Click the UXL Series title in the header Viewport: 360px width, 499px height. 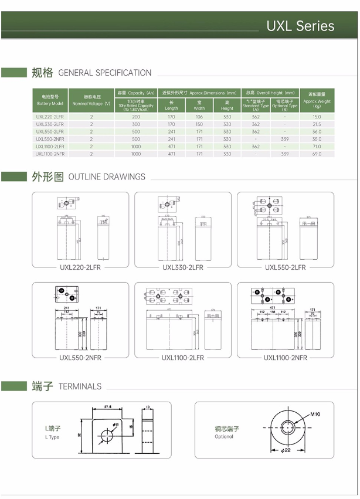coord(300,26)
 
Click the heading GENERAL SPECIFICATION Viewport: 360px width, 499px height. coord(105,73)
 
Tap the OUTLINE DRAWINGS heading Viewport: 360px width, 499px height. coord(107,176)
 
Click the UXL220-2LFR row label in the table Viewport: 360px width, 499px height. coord(50,117)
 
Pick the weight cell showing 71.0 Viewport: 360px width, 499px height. coord(317,146)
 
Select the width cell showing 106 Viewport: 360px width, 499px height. coord(199,117)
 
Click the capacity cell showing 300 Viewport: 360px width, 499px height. coord(136,124)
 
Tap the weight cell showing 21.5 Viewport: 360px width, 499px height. coord(317,124)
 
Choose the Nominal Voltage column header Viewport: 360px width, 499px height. coord(91,100)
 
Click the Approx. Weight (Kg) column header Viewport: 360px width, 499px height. coord(317,100)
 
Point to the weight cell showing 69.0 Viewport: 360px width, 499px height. coord(317,154)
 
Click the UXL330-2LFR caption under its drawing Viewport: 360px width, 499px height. coord(183,267)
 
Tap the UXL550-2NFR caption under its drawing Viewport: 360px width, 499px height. coord(80,357)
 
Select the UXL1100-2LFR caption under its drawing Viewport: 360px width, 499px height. coord(183,357)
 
